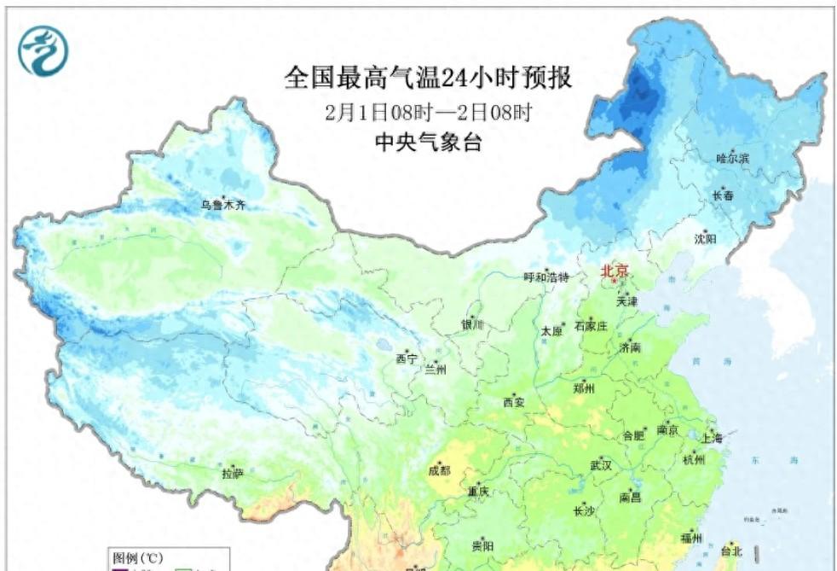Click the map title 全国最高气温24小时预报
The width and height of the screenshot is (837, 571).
point(428,79)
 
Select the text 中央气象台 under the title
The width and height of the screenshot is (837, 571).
point(428,143)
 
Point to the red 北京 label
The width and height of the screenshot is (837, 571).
point(615,271)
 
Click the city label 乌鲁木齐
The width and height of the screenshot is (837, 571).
point(222,205)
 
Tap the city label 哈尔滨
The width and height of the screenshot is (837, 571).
point(732,159)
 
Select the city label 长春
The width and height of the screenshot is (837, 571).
point(723,196)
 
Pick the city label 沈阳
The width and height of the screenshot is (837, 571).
point(705,239)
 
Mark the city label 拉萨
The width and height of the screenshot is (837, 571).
point(232,473)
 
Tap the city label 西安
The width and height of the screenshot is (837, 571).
point(514,402)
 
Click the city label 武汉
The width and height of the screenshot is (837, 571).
point(601,465)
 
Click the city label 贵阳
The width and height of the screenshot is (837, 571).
point(482,546)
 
